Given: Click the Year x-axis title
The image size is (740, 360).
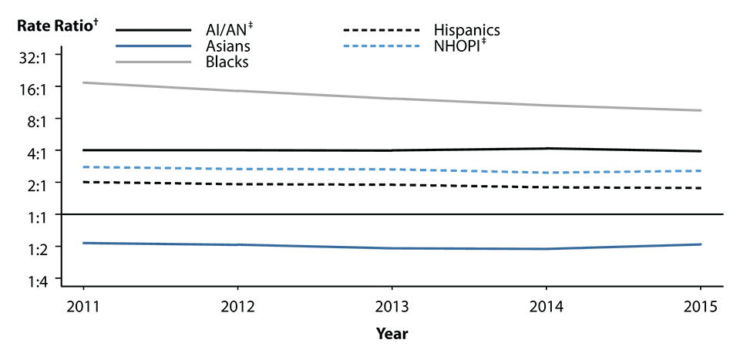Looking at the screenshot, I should pyautogui.click(x=392, y=334).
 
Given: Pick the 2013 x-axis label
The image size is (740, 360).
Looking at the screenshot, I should pyautogui.click(x=392, y=304).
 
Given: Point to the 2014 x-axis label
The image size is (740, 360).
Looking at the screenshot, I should pyautogui.click(x=547, y=304).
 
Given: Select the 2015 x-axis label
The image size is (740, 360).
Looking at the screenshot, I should pyautogui.click(x=701, y=304).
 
